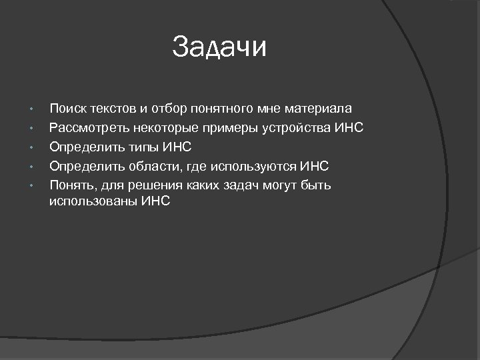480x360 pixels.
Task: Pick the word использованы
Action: (x=93, y=201)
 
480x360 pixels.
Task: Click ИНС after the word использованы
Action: (x=156, y=201)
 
